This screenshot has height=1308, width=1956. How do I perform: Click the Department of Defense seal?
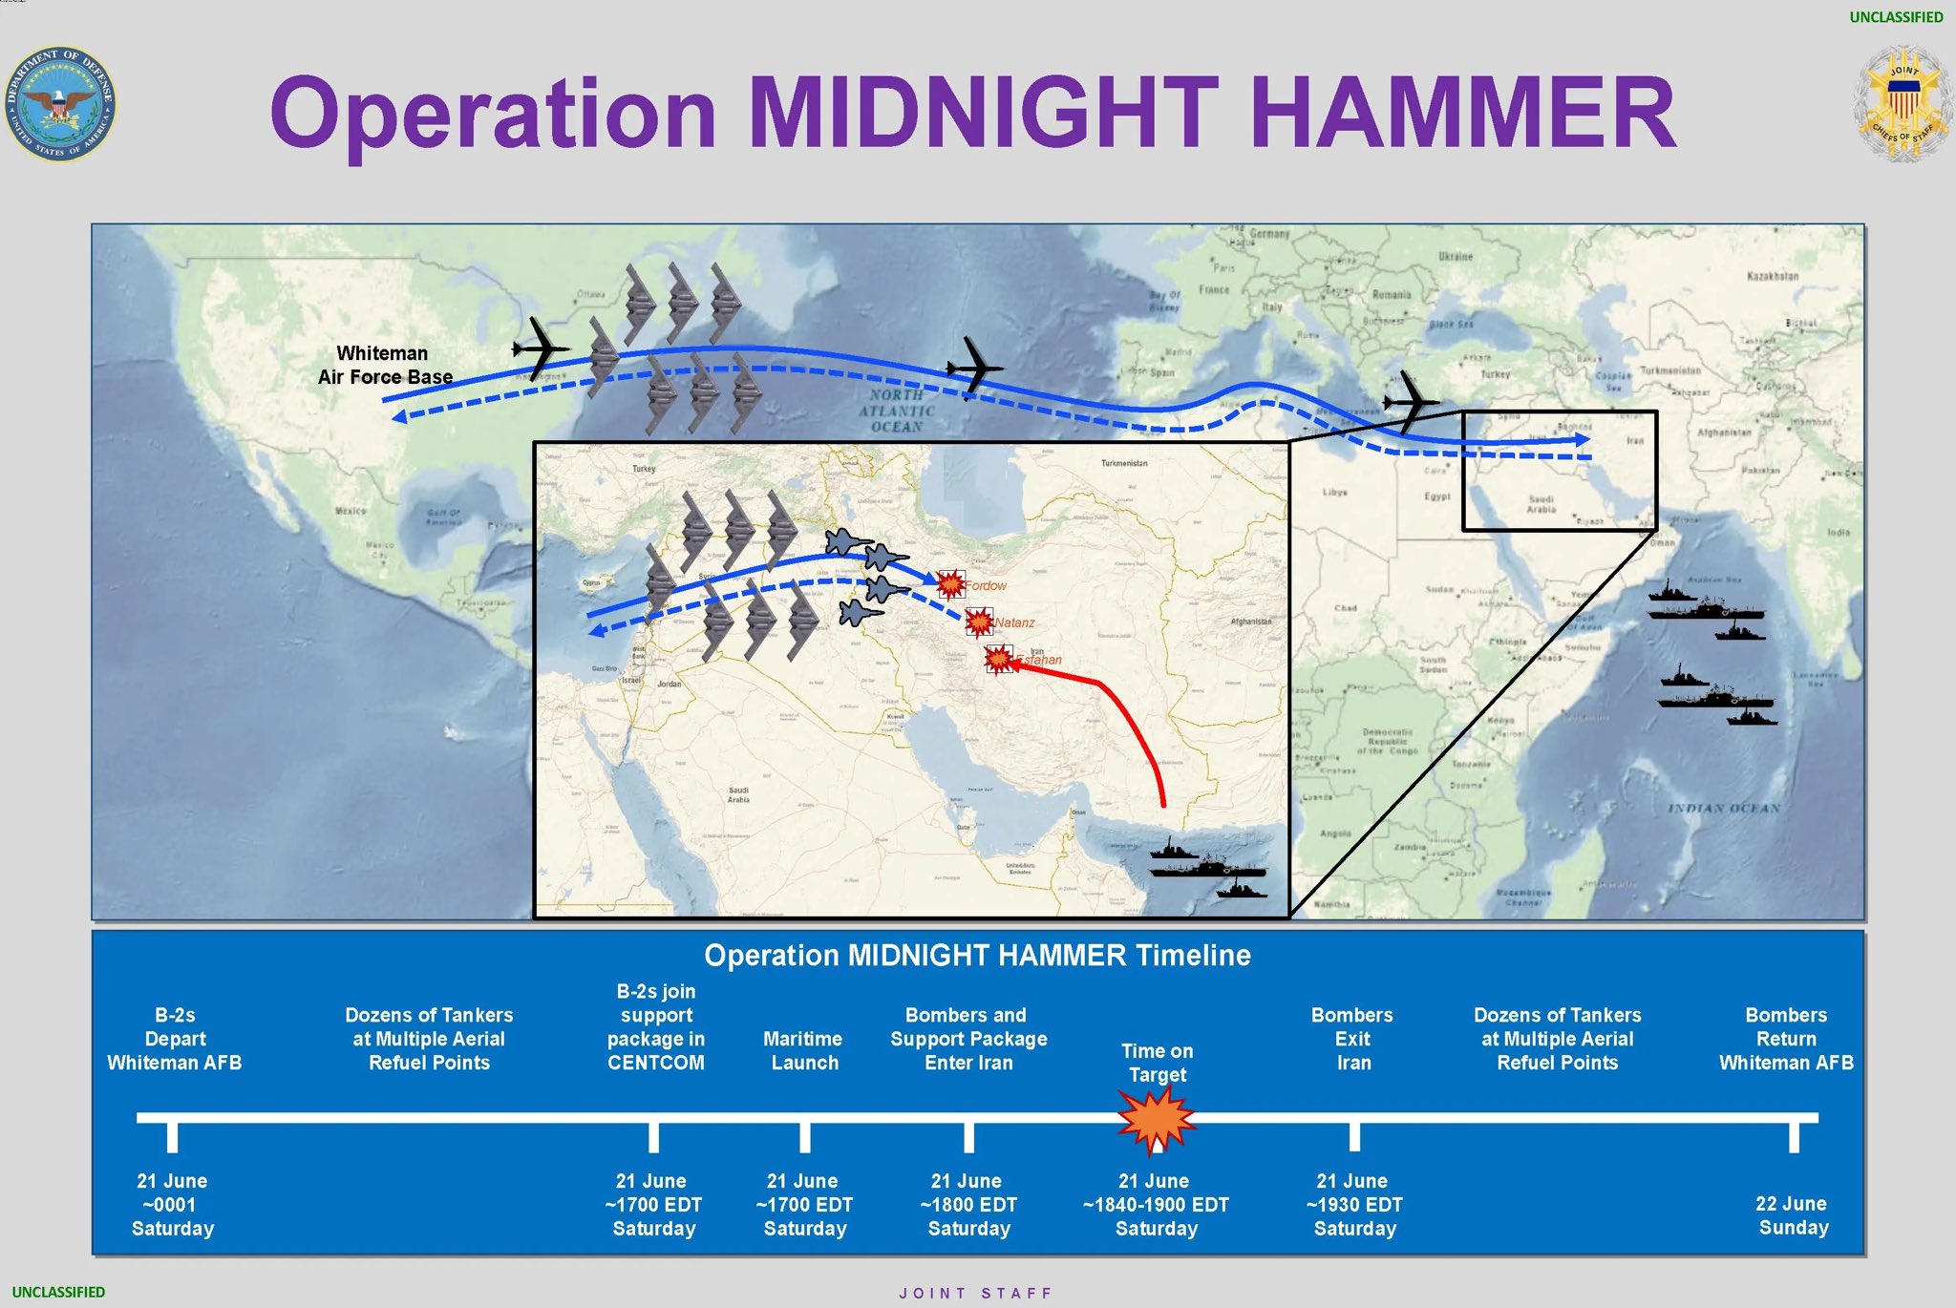click(x=60, y=103)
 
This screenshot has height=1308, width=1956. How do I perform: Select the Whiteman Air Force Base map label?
click(x=384, y=365)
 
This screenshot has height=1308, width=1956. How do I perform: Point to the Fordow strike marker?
click(x=950, y=583)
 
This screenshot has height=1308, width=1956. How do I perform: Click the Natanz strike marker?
click(x=979, y=622)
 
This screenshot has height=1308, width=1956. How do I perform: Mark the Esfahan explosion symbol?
click(x=999, y=659)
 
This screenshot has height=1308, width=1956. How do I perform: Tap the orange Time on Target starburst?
click(x=1157, y=1118)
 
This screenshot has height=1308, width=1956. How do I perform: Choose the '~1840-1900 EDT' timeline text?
click(x=1156, y=1205)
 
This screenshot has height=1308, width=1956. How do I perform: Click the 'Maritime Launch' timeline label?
click(x=803, y=1050)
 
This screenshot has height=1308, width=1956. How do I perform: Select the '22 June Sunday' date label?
click(x=1793, y=1215)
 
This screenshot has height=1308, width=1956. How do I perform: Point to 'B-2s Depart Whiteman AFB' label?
click(x=175, y=1039)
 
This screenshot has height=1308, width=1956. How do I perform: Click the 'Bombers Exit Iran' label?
click(x=1352, y=1039)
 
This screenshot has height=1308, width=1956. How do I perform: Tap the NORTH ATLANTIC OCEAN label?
click(x=897, y=411)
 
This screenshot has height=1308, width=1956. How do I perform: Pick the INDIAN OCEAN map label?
click(x=1724, y=809)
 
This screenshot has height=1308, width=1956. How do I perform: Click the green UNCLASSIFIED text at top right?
click(x=1896, y=17)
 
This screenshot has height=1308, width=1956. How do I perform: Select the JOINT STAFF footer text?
click(x=975, y=1293)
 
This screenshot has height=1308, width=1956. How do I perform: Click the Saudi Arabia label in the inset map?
click(x=738, y=794)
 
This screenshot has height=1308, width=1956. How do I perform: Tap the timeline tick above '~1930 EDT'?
click(x=1354, y=1135)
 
